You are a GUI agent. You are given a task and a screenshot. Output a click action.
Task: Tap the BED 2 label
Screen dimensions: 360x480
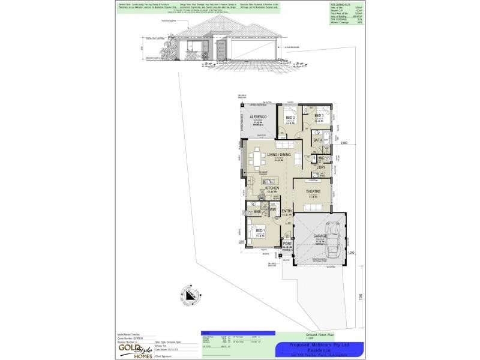(289, 118)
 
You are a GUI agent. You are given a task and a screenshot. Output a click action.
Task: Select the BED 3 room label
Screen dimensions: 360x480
(319, 115)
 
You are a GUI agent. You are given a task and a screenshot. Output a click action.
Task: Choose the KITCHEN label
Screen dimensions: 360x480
(272, 188)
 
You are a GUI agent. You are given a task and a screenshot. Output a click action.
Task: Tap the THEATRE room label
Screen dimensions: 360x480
(313, 192)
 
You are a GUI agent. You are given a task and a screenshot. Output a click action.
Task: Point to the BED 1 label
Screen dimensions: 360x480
(260, 230)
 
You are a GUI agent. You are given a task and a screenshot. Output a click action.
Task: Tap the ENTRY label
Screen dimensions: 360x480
(287, 211)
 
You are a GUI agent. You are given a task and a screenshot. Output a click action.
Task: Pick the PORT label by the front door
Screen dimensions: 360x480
(287, 244)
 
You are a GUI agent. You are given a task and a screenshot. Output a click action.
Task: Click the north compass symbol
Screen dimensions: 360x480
(191, 296)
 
